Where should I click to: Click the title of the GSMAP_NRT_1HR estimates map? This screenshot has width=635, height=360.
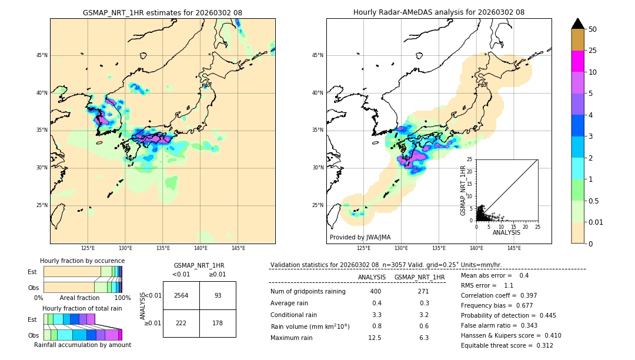click(x=162, y=12)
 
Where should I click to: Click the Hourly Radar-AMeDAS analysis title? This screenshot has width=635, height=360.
click(x=439, y=12)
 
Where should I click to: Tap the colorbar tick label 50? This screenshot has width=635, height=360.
click(x=593, y=29)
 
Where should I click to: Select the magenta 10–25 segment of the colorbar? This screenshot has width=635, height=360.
click(x=578, y=61)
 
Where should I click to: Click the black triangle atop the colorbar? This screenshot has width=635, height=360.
click(x=578, y=24)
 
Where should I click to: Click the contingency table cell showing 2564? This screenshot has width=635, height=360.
click(x=181, y=295)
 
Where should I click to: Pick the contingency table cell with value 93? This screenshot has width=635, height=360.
click(x=218, y=295)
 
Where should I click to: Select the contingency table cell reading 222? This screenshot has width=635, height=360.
click(x=181, y=323)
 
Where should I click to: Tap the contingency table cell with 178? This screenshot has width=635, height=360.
click(x=218, y=323)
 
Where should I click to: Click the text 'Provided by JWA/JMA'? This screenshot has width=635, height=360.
click(x=360, y=237)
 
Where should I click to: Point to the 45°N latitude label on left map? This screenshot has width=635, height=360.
click(x=42, y=55)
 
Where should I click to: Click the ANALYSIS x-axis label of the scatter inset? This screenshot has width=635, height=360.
click(x=506, y=232)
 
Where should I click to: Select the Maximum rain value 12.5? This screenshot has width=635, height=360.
click(x=375, y=338)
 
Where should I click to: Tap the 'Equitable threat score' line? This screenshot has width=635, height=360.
click(x=507, y=345)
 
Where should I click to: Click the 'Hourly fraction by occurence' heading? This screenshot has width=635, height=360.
click(x=82, y=261)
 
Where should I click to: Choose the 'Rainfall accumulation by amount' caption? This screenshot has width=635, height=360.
click(x=82, y=345)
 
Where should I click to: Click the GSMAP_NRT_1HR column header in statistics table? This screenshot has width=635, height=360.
click(x=419, y=277)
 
